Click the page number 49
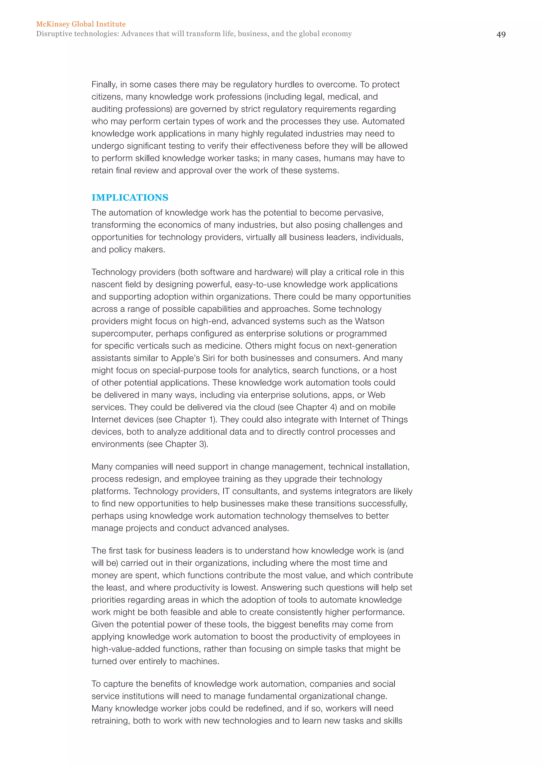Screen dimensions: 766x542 coord(501,35)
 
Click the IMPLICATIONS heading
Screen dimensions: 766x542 coord(130,198)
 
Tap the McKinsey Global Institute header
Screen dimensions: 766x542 coord(81,24)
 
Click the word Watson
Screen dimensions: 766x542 coord(369,321)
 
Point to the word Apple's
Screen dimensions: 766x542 coord(185,358)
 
